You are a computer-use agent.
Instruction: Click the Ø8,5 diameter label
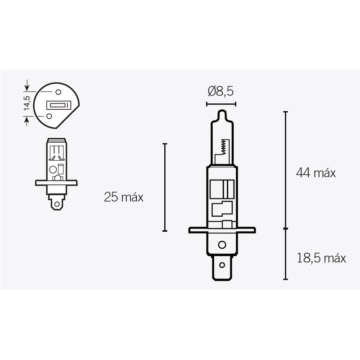pyautogui.click(x=220, y=92)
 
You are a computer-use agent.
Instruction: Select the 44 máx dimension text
pyautogui.click(x=316, y=173)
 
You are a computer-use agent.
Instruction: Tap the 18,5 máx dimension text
pyautogui.click(x=321, y=258)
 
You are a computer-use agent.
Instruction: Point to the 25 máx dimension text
pyautogui.click(x=123, y=197)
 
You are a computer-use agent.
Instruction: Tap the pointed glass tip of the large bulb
pyautogui.click(x=220, y=112)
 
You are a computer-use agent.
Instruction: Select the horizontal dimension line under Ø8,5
pyautogui.click(x=220, y=104)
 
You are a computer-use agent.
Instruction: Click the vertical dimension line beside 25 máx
pyautogui.click(x=165, y=187)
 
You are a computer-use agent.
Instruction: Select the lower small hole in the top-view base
pyautogui.click(x=48, y=116)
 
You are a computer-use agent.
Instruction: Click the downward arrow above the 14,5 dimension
pyautogui.click(x=27, y=85)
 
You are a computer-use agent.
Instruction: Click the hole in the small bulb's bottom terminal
pyautogui.click(x=56, y=204)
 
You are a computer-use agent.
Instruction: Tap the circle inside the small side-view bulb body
pyautogui.click(x=53, y=170)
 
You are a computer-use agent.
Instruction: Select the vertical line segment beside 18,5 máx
pyautogui.click(x=285, y=254)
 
